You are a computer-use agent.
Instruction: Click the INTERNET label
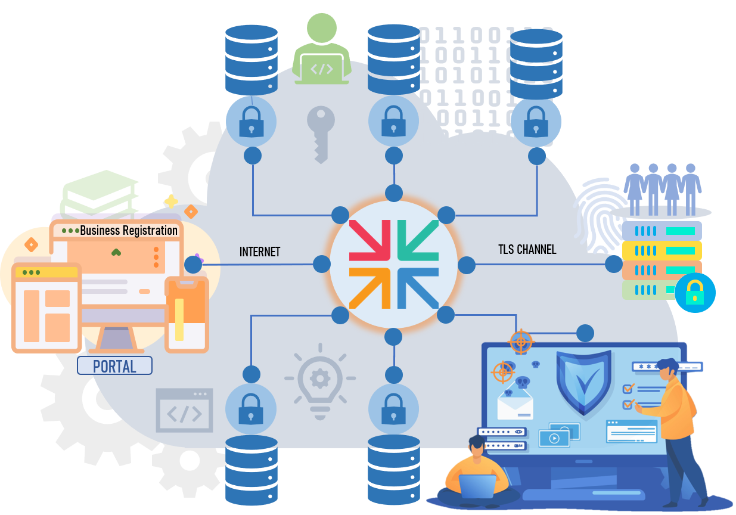point(260,252)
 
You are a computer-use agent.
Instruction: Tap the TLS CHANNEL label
point(527,249)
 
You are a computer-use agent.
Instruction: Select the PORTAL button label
point(114,367)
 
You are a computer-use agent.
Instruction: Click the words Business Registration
point(129,231)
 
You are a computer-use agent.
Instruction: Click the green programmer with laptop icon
point(322,49)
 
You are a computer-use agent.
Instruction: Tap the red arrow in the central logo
point(369,240)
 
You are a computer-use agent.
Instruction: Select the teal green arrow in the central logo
point(418,240)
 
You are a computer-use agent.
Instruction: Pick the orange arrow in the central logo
point(369,288)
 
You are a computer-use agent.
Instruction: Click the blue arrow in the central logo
point(418,288)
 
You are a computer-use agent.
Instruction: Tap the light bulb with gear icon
point(320,381)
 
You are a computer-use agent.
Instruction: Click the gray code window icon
point(184,410)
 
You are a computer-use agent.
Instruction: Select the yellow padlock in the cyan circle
point(695,293)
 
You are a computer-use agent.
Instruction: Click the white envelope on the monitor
point(515,405)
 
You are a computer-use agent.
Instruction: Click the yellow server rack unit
point(662,250)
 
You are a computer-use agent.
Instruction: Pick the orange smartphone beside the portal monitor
point(187,315)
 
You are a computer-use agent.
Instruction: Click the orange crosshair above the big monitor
point(521,342)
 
